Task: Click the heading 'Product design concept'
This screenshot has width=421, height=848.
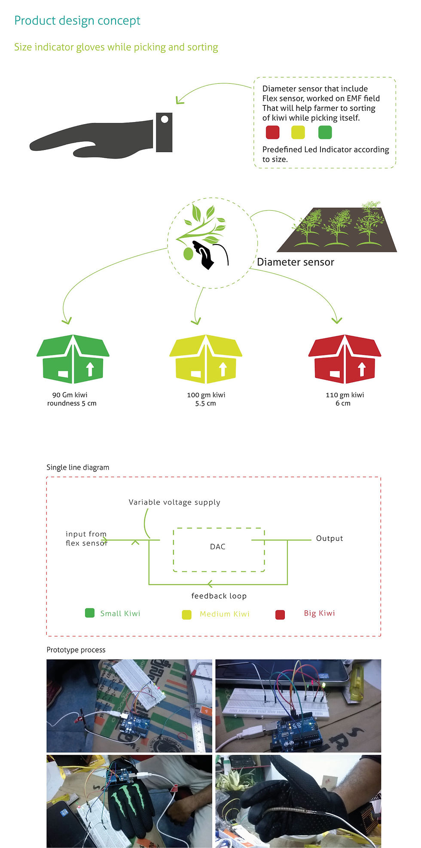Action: [x=77, y=21]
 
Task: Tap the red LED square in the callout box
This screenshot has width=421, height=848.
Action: [x=273, y=132]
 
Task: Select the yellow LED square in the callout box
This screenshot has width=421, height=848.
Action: [x=298, y=132]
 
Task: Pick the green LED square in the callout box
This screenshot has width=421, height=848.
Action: [x=325, y=132]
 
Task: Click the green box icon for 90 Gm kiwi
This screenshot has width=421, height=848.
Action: [x=73, y=359]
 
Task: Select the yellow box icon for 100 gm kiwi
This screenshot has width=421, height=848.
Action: [x=206, y=359]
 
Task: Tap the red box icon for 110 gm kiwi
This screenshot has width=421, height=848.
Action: [x=345, y=359]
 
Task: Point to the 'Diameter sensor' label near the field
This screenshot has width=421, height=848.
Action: [x=296, y=262]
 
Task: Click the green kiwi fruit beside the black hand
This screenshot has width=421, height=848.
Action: [x=188, y=254]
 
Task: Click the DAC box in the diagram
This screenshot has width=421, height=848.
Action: [x=219, y=550]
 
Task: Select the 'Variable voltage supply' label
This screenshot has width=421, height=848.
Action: [x=174, y=502]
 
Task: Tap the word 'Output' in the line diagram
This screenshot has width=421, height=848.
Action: [x=329, y=538]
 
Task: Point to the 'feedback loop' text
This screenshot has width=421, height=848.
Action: [x=219, y=596]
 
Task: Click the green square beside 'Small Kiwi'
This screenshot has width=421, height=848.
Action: [x=90, y=613]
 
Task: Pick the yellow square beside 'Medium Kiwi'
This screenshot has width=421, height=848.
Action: [x=186, y=615]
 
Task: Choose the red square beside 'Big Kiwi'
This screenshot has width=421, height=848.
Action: [x=280, y=615]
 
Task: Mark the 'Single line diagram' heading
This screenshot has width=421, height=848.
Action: [x=78, y=467]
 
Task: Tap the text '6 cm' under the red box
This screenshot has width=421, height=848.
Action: [x=343, y=403]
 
